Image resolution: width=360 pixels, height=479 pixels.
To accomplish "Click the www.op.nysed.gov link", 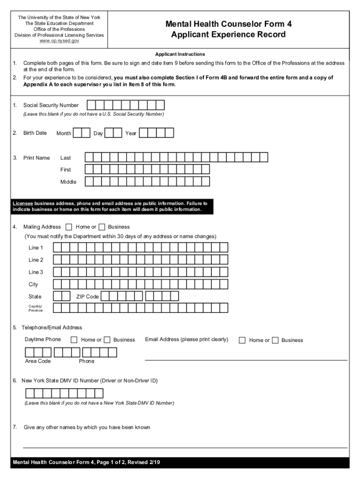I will tap(59, 41).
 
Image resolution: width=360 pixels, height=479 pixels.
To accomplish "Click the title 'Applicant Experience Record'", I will tap(228, 35).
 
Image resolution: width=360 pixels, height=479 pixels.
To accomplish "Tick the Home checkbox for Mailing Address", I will tap(69, 227).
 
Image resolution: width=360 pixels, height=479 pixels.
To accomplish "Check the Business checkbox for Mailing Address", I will tap(102, 227).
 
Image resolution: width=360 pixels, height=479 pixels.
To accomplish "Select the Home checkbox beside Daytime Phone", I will tap(74, 340).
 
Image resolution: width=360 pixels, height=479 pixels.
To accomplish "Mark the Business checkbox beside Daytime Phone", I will tap(107, 340).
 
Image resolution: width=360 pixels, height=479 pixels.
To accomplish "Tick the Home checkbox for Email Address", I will tap(242, 340).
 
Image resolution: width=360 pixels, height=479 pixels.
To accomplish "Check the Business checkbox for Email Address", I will tap(275, 340).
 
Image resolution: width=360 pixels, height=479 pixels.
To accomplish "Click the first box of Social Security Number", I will tap(92, 105).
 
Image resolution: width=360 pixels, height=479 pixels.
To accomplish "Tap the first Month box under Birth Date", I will tap(77, 133).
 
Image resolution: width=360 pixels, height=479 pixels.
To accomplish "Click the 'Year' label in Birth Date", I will tap(131, 133).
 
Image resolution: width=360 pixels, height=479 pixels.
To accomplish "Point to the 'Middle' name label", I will tap(68, 181).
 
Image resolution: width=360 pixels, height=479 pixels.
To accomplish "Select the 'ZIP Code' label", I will tap(87, 297).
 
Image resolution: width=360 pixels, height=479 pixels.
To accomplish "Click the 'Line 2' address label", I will tap(36, 260).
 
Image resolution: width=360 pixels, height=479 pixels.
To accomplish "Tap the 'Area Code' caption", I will tap(38, 361).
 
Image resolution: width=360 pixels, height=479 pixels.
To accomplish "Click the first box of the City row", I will tap(57, 284).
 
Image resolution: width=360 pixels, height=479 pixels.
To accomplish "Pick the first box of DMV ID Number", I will tap(29, 393).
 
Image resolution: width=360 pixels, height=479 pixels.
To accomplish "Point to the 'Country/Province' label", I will tap(35, 308).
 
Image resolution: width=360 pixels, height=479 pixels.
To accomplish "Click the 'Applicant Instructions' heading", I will tap(180, 54).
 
